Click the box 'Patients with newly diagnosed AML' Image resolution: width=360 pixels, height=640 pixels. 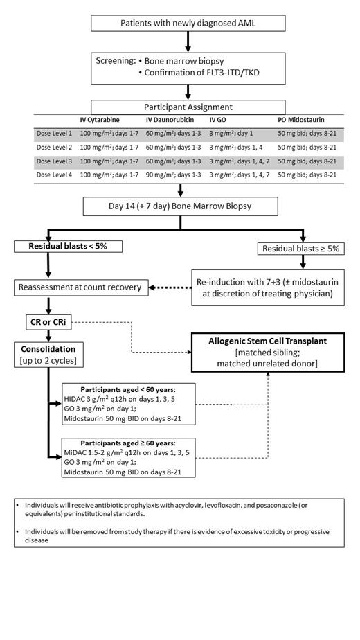click(x=188, y=23)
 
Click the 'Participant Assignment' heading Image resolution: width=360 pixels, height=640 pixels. click(x=188, y=107)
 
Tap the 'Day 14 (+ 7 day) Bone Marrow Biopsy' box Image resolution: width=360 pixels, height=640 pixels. click(x=180, y=206)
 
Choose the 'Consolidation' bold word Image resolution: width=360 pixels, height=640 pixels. click(x=48, y=349)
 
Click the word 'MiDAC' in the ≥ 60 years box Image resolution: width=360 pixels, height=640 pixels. click(x=78, y=452)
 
